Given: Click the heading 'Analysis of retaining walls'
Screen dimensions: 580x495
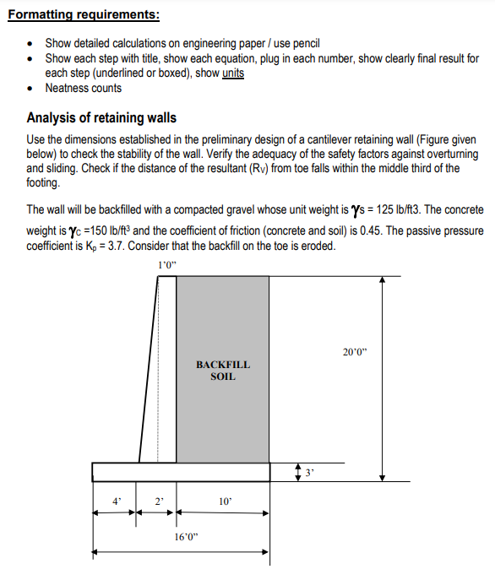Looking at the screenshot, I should (101, 117).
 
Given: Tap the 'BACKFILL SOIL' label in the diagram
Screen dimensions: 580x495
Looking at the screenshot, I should (223, 370).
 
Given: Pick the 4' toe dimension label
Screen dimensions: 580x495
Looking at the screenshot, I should (116, 501).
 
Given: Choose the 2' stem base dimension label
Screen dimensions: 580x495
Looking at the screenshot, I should (157, 501).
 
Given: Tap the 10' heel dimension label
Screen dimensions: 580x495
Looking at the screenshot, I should (224, 501).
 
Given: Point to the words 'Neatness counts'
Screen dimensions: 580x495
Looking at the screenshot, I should (83, 87).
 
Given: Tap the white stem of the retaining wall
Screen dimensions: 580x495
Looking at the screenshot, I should (167, 371).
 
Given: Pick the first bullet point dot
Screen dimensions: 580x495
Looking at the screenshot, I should (31, 43).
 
